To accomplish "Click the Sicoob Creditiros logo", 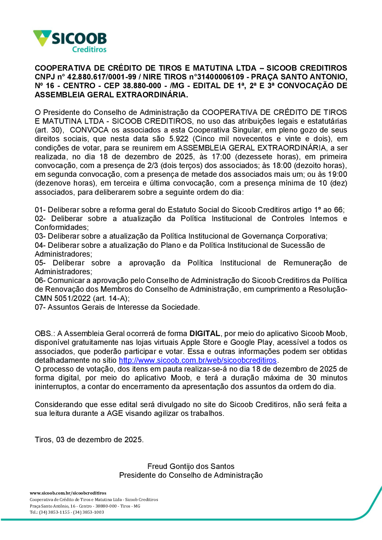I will click(x=70, y=41).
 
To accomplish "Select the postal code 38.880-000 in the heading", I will click(x=142, y=86).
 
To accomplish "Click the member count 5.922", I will click(x=179, y=139).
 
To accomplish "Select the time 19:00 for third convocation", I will click(x=337, y=174).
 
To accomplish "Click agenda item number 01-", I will click(x=40, y=210).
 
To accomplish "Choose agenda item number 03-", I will click(x=40, y=236).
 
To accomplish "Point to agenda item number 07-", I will click(x=40, y=307).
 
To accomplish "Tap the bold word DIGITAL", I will click(x=205, y=333).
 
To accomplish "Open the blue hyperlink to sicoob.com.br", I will click(x=197, y=360).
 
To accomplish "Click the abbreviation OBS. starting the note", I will click(x=44, y=333).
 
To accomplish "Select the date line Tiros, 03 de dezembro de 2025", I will click(x=89, y=440).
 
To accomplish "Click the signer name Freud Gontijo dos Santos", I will click(x=191, y=466).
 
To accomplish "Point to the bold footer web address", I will click(x=68, y=493).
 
